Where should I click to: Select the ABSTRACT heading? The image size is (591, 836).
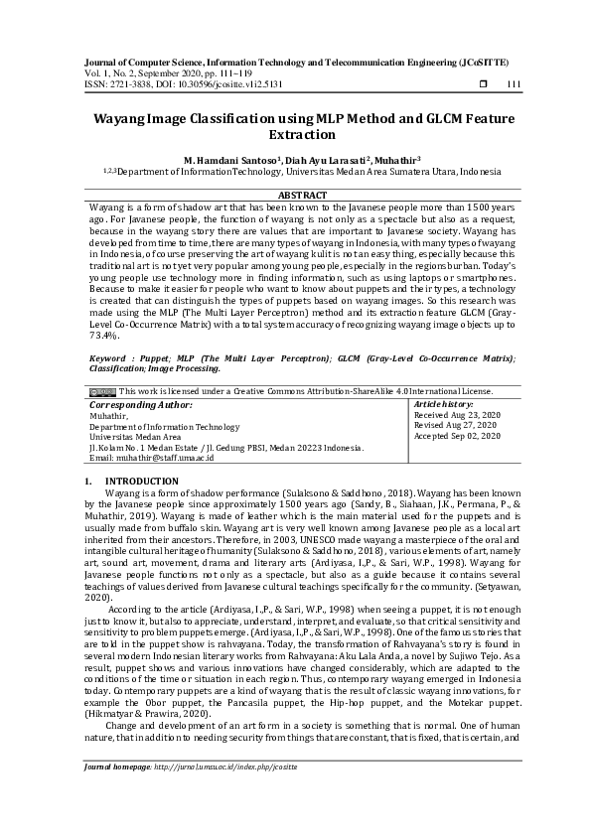(x=302, y=195)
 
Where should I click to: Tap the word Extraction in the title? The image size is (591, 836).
(x=302, y=133)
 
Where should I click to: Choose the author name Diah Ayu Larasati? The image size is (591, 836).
(x=330, y=159)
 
